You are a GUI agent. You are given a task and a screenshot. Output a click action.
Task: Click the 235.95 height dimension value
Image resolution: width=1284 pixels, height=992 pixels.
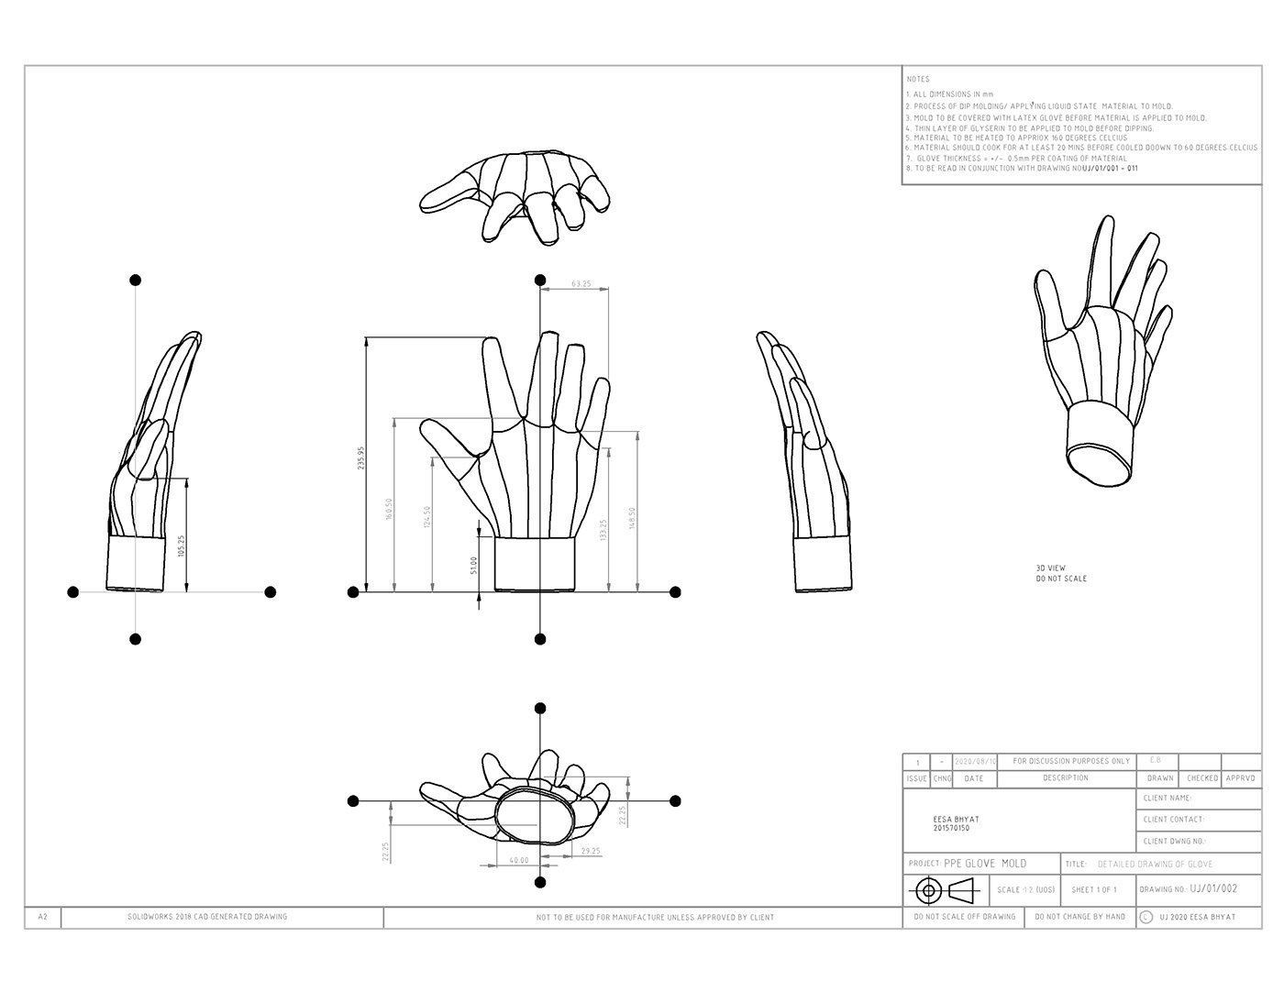pos(360,458)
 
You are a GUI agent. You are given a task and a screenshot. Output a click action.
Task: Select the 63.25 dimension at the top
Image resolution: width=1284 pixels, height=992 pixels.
pos(581,284)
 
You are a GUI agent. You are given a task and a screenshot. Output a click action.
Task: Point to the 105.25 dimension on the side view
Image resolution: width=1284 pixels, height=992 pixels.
pos(181,546)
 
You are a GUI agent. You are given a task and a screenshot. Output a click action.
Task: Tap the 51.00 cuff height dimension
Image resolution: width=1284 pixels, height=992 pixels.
pos(473,565)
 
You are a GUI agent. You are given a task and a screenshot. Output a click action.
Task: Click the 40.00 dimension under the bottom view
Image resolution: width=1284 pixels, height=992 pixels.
pos(518,860)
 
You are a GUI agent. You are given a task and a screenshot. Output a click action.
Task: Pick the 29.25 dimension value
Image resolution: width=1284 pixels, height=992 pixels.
pos(591,851)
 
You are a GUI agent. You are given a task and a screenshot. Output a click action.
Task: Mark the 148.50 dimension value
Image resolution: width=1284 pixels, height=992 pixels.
pos(631,519)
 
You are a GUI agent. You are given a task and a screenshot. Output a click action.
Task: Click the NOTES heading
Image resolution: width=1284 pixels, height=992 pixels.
pos(917,80)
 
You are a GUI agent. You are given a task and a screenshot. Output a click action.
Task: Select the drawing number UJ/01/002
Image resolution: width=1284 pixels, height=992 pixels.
pos(1213,888)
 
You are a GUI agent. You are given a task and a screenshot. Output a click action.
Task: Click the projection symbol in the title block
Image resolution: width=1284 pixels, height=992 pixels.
pos(946,889)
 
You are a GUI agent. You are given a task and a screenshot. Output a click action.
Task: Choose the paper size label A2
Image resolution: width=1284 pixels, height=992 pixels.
pos(43,917)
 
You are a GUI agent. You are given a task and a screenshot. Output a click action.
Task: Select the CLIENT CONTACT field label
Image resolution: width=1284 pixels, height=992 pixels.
pos(1174,820)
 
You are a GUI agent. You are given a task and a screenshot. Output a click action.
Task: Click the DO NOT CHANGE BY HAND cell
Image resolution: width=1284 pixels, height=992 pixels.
pos(1079,917)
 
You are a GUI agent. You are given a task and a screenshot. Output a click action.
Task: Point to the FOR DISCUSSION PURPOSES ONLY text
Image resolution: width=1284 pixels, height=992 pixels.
pos(1071,761)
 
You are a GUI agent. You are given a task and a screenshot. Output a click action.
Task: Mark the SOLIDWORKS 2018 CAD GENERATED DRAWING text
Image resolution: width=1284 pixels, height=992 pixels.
pos(207,917)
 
